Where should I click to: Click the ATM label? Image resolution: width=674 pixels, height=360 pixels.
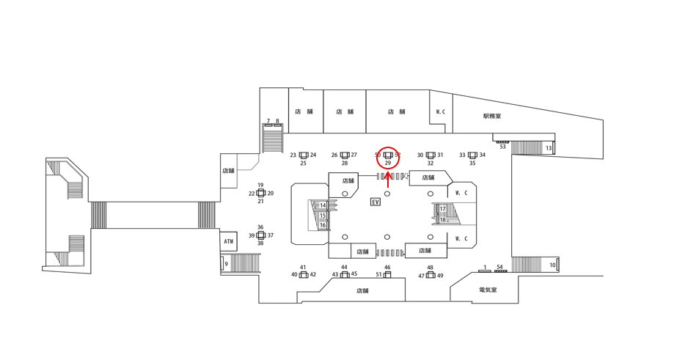pyautogui.click(x=229, y=240)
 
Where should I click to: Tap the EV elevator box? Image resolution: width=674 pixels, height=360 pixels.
pyautogui.click(x=376, y=202)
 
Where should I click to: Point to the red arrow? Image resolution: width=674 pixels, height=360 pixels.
pyautogui.click(x=388, y=179)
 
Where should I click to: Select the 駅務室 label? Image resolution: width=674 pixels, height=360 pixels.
pyautogui.click(x=491, y=117)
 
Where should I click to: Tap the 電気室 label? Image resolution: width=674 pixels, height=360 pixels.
pyautogui.click(x=488, y=290)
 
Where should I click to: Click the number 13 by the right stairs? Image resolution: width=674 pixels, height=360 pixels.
pyautogui.click(x=549, y=149)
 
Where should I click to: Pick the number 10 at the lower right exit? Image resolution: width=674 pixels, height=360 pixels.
pyautogui.click(x=552, y=265)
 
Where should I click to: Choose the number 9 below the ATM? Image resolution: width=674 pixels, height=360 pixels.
pyautogui.click(x=227, y=264)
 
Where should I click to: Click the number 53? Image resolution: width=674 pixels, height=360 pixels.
pyautogui.click(x=503, y=147)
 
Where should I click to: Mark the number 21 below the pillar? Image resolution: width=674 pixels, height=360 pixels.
pyautogui.click(x=260, y=202)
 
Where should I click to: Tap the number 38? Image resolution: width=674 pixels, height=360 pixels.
pyautogui.click(x=260, y=243)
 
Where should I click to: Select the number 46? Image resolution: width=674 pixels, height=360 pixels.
pyautogui.click(x=387, y=268)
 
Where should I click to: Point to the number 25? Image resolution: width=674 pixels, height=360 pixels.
pyautogui.click(x=304, y=164)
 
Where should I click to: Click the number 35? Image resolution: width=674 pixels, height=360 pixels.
pyautogui.click(x=472, y=164)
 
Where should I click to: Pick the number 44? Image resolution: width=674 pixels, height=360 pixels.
pyautogui.click(x=344, y=267)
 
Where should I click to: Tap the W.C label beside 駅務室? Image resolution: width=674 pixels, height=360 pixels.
pyautogui.click(x=441, y=112)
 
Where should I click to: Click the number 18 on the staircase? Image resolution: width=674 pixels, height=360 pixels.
pyautogui.click(x=443, y=220)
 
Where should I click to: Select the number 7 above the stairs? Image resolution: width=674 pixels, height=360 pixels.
pyautogui.click(x=268, y=121)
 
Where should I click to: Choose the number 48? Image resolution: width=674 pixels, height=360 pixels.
pyautogui.click(x=431, y=268)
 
